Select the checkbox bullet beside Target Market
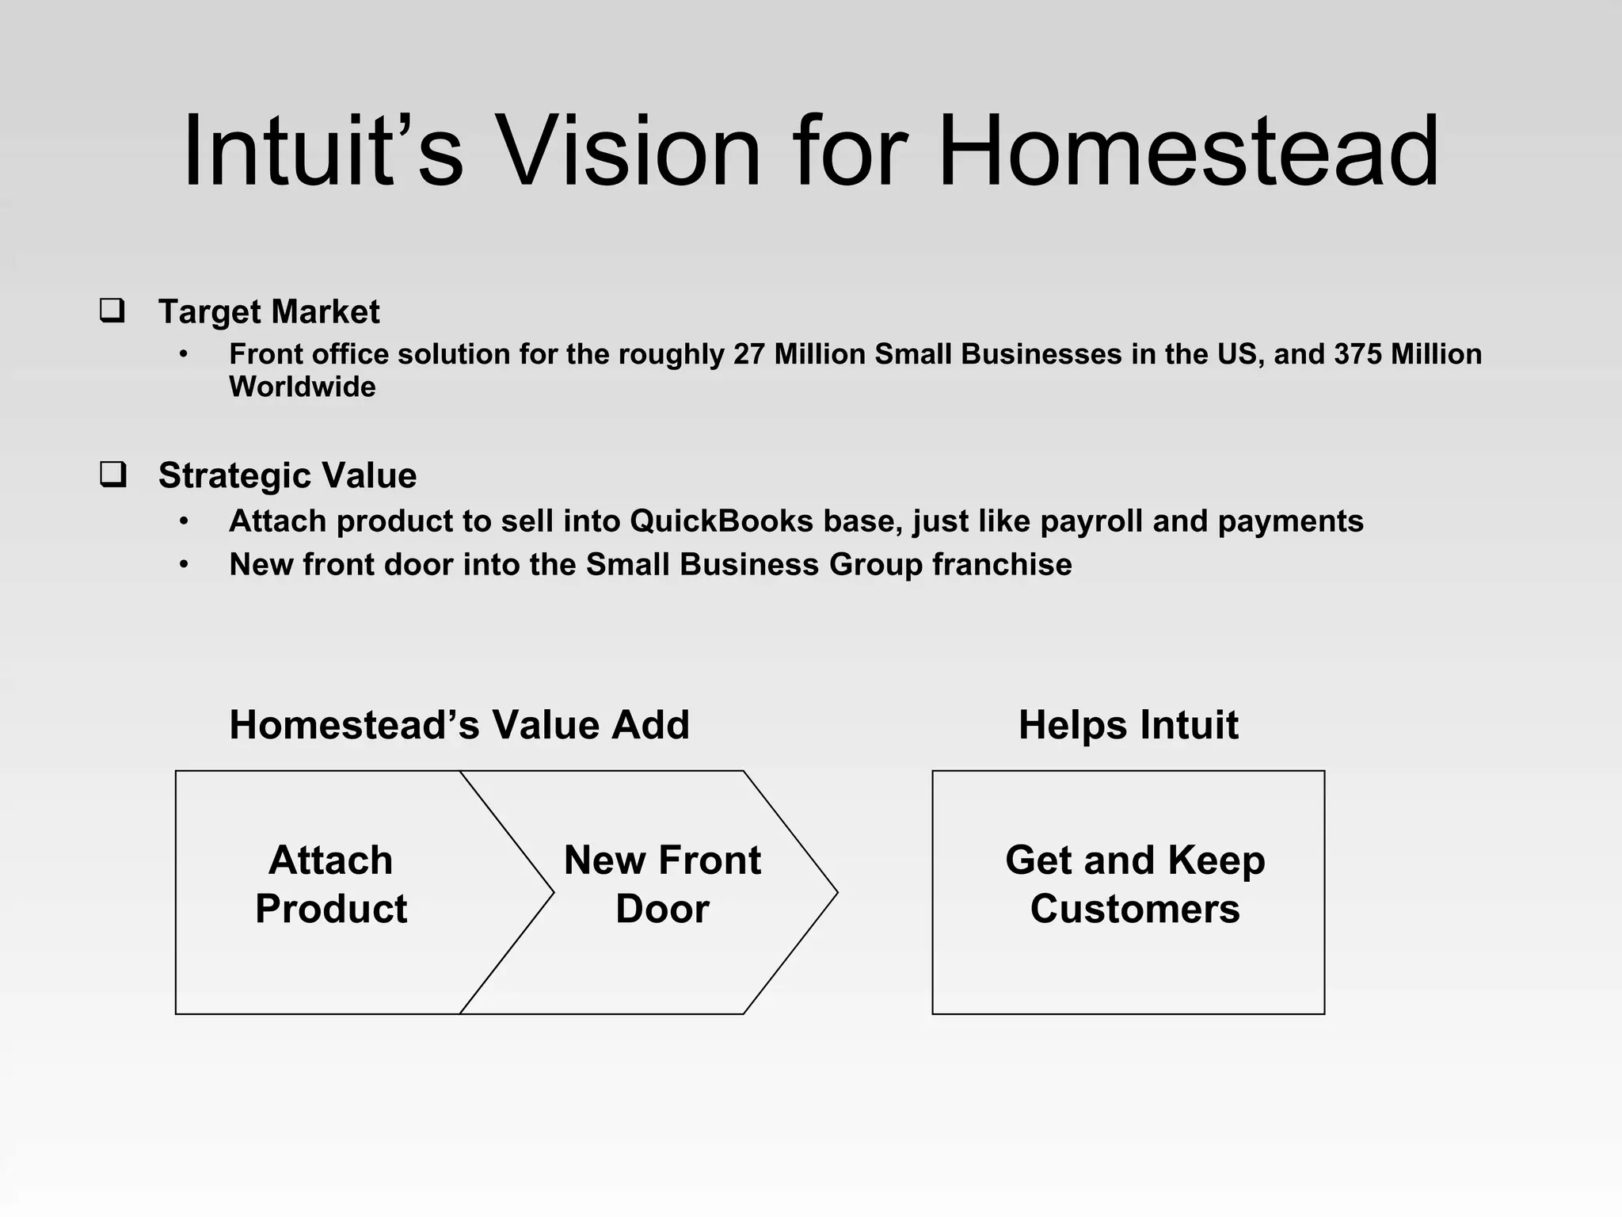pyautogui.click(x=112, y=310)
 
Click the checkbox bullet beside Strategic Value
pyautogui.click(x=112, y=474)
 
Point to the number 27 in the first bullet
pyautogui.click(x=749, y=354)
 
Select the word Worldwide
pyautogui.click(x=303, y=387)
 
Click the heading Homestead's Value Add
pyautogui.click(x=459, y=724)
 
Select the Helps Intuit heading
pyautogui.click(x=1128, y=724)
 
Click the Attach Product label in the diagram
pyautogui.click(x=331, y=884)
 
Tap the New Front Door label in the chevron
pyautogui.click(x=662, y=884)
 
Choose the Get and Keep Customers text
pyautogui.click(x=1134, y=884)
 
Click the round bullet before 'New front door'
pyautogui.click(x=184, y=565)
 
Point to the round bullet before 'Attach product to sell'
pyautogui.click(x=184, y=521)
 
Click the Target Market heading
pyautogui.click(x=268, y=311)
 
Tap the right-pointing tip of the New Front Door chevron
pyautogui.click(x=833, y=892)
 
